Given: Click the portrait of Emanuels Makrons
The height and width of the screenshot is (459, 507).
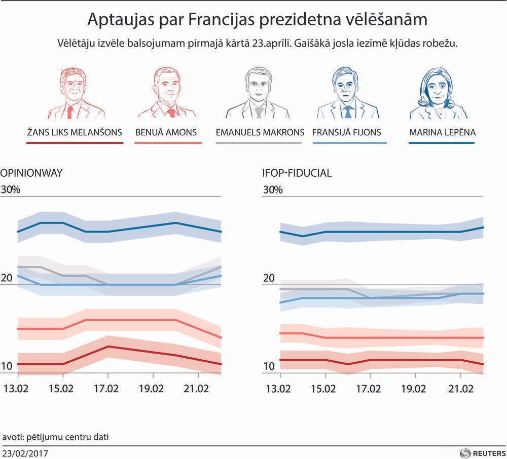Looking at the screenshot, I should click(x=259, y=93).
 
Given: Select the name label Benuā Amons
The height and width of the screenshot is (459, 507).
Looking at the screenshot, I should click(x=166, y=133).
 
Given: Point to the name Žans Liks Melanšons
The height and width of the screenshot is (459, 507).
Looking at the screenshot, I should click(x=75, y=133).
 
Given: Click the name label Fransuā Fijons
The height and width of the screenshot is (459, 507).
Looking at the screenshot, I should click(x=347, y=133).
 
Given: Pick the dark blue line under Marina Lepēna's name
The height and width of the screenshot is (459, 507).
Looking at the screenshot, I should click(x=441, y=143).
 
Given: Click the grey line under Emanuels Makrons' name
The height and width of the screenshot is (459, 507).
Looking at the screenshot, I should click(x=259, y=143).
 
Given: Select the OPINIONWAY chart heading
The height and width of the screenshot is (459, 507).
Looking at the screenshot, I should click(x=31, y=173).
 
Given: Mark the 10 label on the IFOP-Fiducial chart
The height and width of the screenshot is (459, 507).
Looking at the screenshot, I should click(x=269, y=366).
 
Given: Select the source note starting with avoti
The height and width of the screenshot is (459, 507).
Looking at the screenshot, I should click(x=56, y=436).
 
